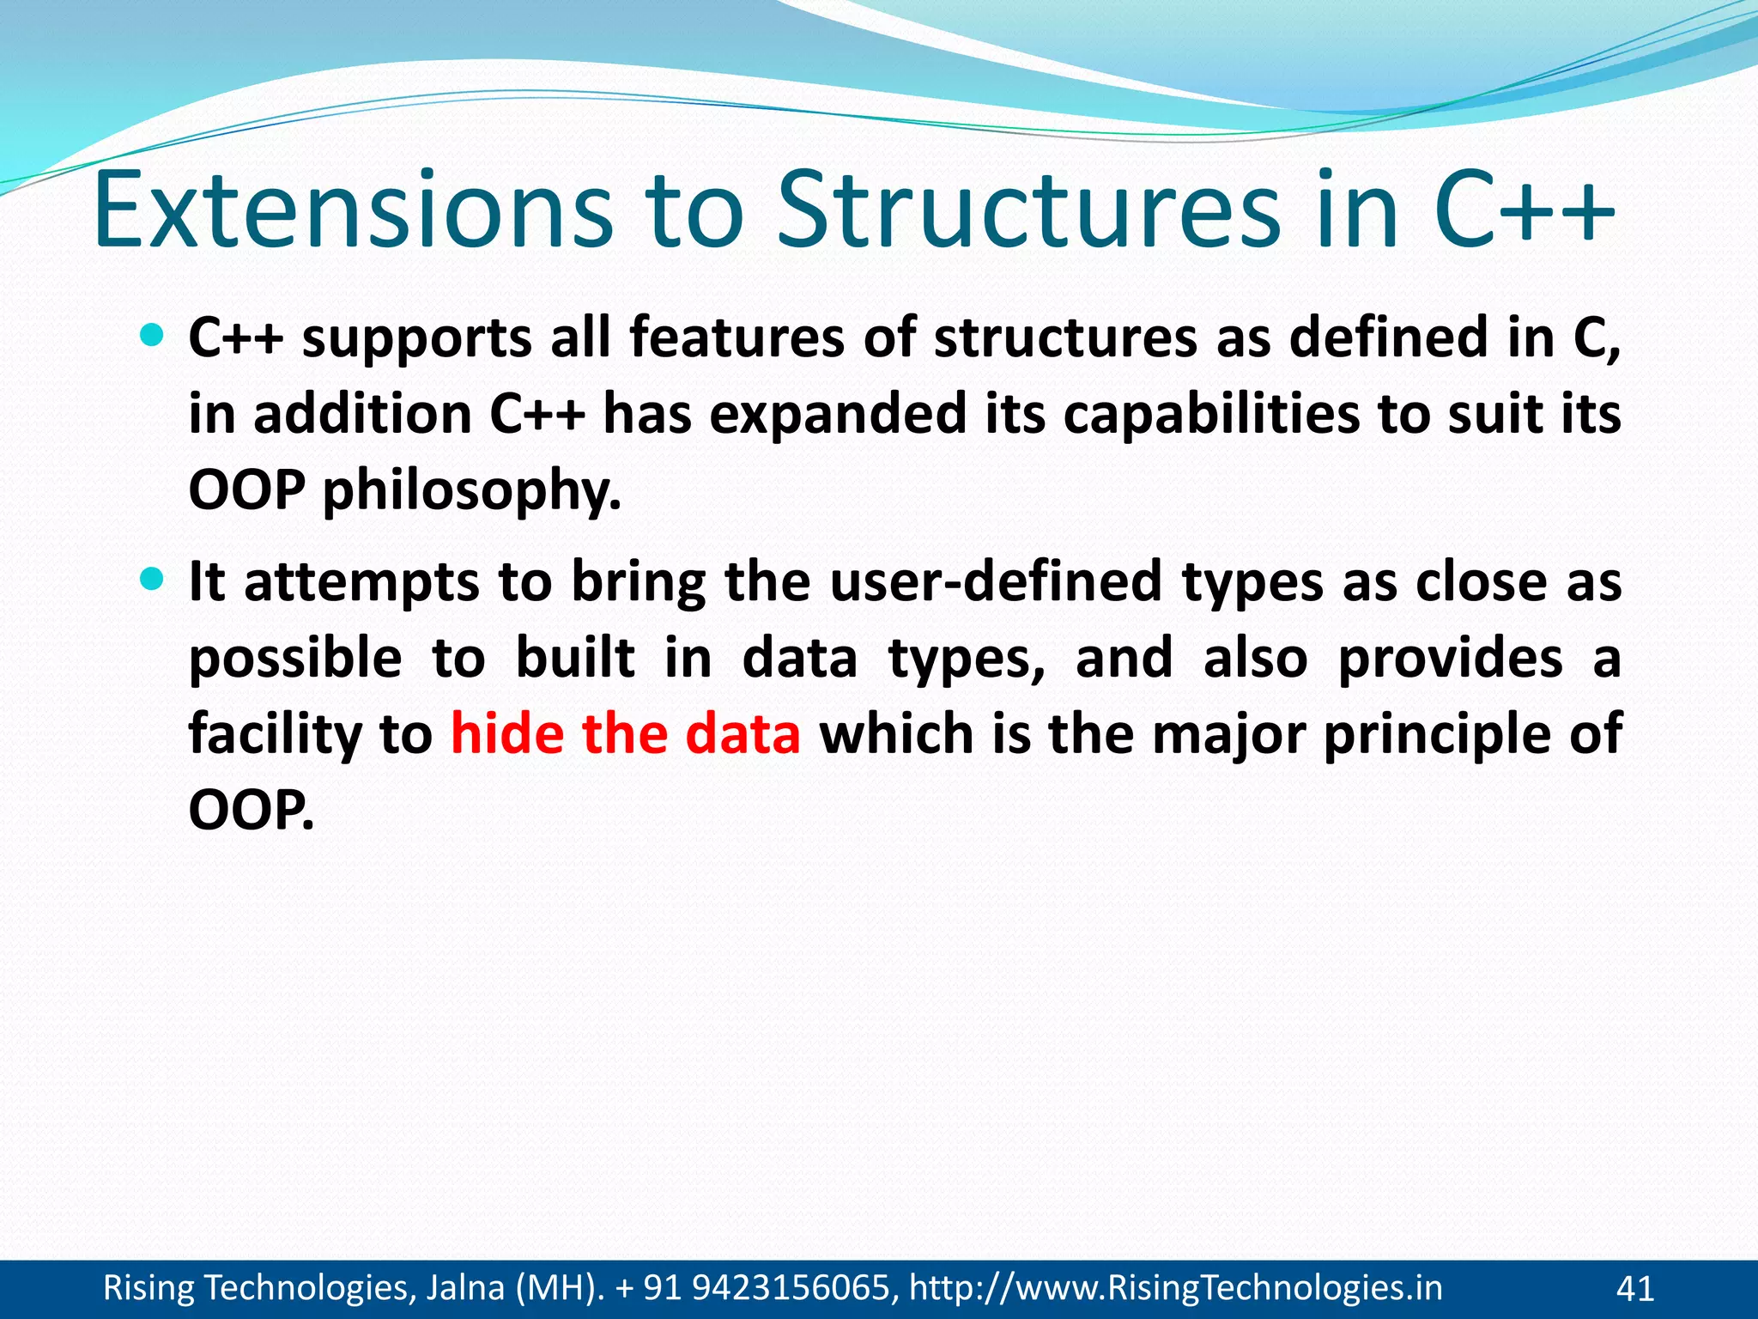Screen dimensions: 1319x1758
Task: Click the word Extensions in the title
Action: point(352,211)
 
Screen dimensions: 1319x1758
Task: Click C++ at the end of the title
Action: point(1524,211)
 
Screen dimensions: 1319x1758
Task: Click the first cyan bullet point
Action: point(151,336)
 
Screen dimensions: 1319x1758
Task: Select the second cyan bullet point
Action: point(151,580)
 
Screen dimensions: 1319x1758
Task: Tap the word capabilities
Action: point(1211,415)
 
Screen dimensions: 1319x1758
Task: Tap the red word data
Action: point(743,735)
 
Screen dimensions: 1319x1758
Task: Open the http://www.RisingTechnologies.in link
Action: point(1175,1288)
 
